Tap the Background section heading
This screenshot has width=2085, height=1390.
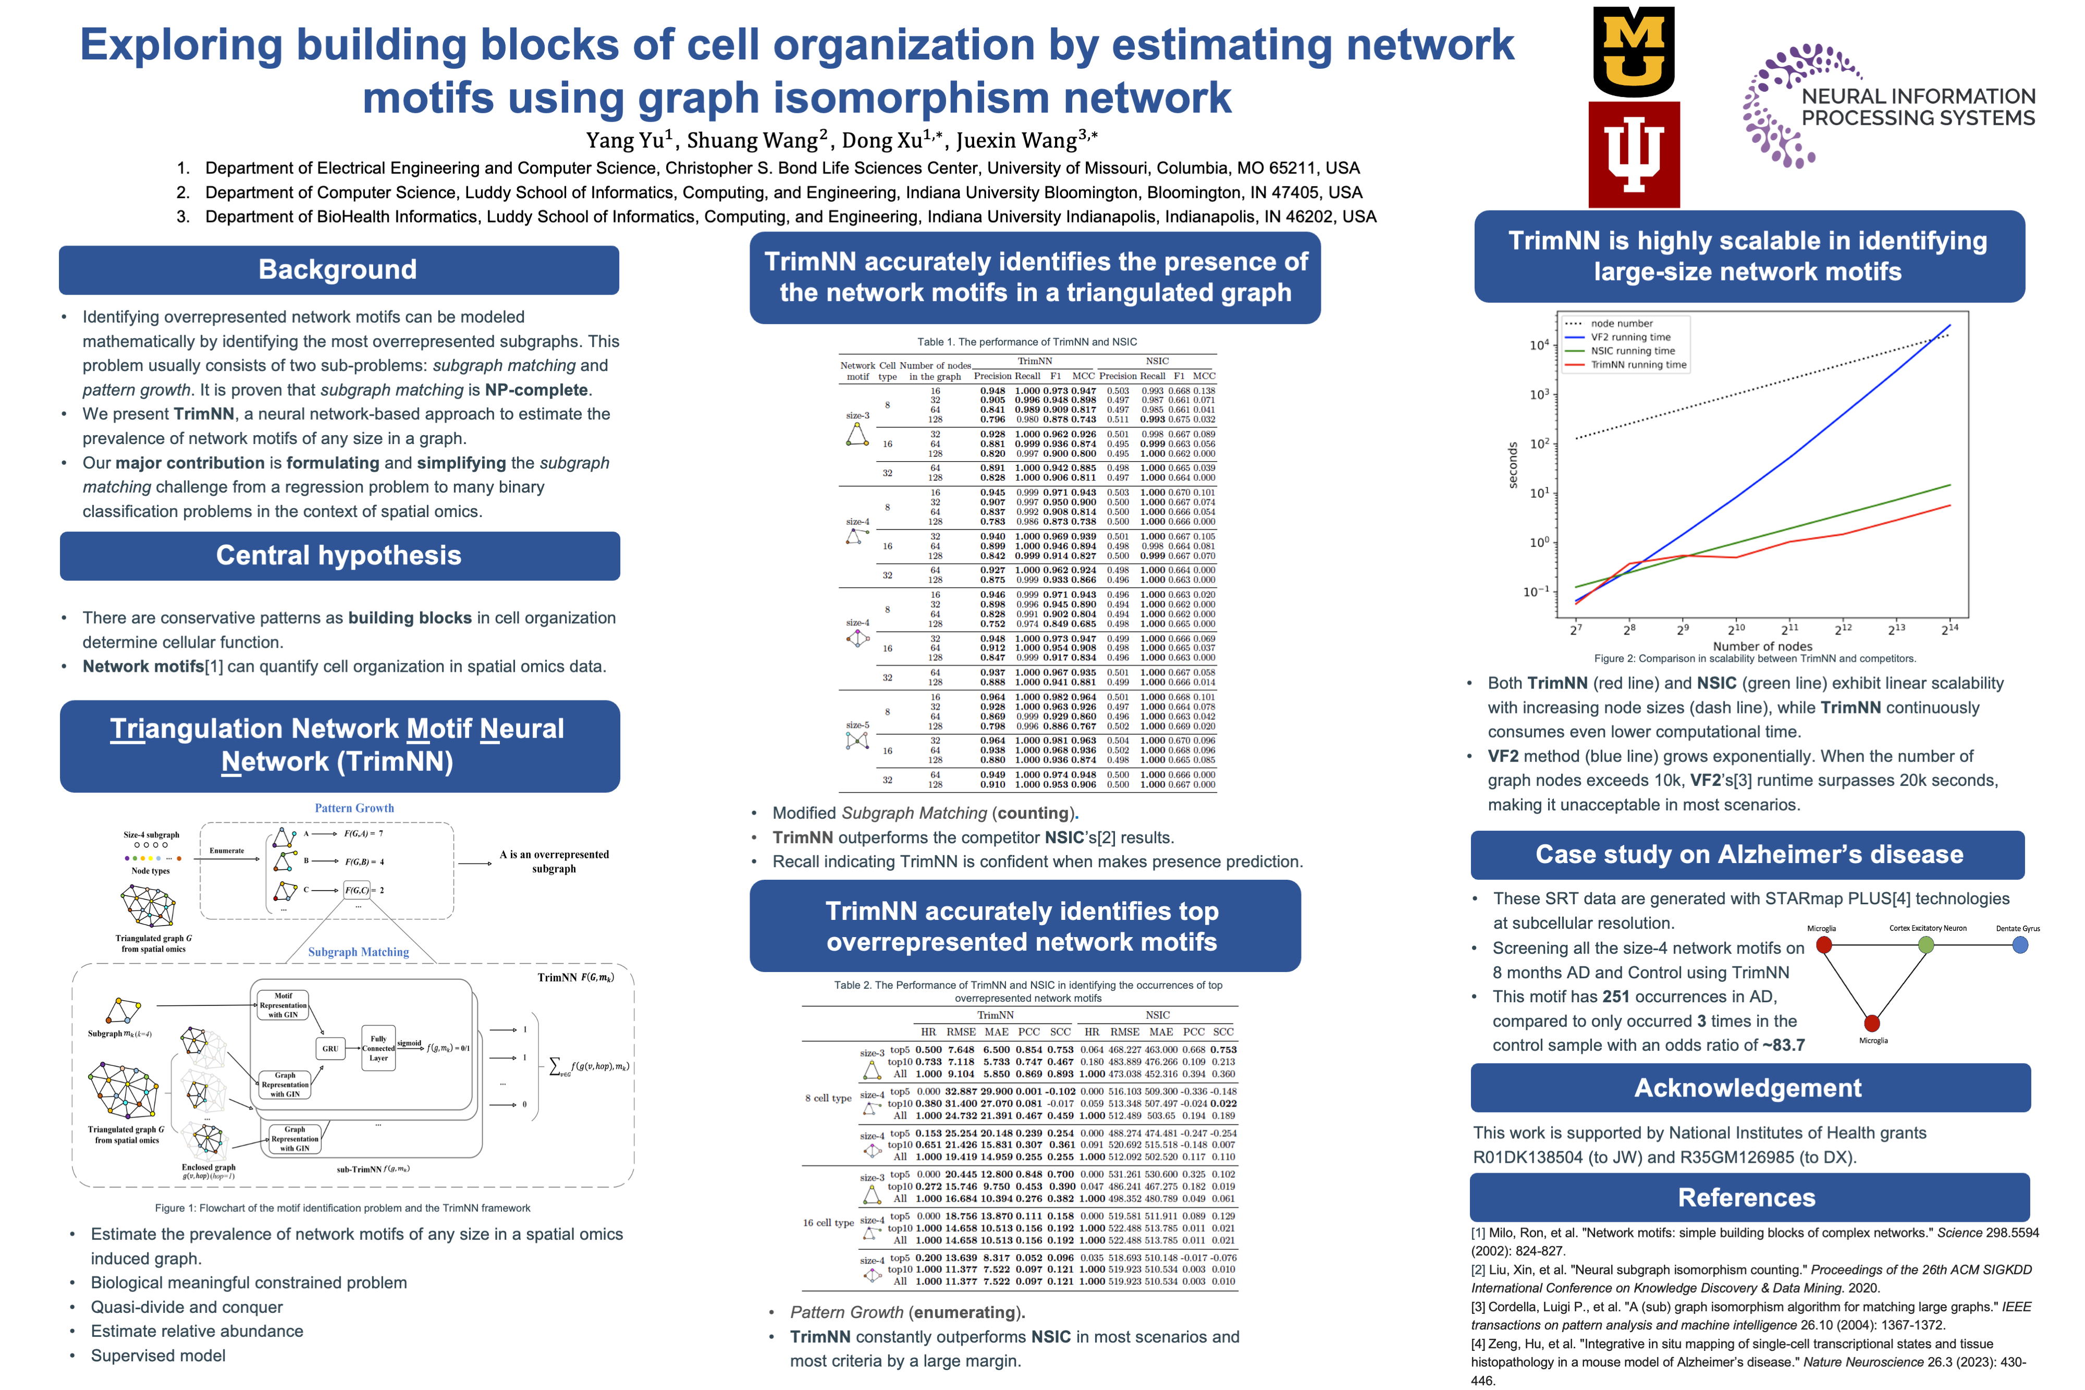[x=338, y=269]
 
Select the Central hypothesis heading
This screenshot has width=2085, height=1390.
[x=339, y=556]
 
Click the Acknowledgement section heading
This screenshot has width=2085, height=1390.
[x=1748, y=1088]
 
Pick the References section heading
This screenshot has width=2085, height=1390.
[x=1746, y=1198]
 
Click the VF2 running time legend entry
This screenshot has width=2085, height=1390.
[x=1629, y=337]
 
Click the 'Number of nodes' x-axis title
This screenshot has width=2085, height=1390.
[x=1762, y=646]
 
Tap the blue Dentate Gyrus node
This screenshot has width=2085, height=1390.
[x=2020, y=945]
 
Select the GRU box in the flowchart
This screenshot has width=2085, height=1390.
[x=330, y=1049]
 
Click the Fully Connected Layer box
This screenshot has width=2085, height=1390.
[x=378, y=1049]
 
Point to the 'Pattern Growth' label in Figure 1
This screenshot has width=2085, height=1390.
[x=354, y=808]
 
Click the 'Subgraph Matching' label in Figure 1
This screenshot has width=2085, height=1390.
[x=358, y=952]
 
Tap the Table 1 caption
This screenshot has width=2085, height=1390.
[x=1026, y=341]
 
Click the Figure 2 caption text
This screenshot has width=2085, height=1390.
[x=1755, y=659]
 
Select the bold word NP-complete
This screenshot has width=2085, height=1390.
[x=536, y=390]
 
